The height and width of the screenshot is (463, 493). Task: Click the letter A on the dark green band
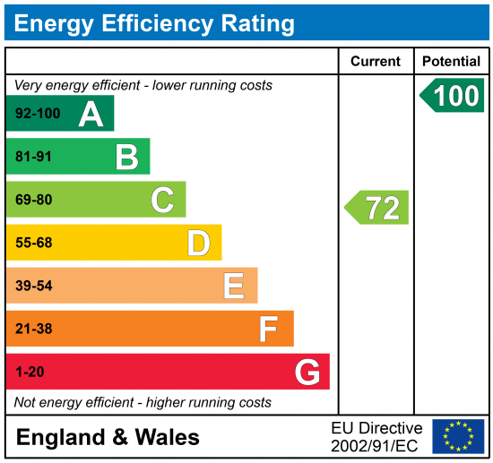click(91, 114)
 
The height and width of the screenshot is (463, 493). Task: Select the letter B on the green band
click(126, 157)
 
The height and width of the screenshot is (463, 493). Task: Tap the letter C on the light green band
click(162, 200)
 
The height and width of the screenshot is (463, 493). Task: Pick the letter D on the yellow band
click(198, 243)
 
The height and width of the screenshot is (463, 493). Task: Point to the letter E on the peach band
click(234, 286)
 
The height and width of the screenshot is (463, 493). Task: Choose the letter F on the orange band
click(268, 329)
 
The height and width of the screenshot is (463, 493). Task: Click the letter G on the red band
click(307, 372)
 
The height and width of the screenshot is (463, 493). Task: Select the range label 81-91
click(34, 158)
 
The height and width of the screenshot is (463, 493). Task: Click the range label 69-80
click(34, 201)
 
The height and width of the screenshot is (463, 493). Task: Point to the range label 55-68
click(34, 243)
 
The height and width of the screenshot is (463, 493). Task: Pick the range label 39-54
click(34, 286)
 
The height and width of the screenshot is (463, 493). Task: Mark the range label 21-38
click(34, 329)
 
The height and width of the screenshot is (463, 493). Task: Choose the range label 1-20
click(30, 372)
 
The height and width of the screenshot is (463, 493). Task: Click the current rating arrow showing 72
click(377, 208)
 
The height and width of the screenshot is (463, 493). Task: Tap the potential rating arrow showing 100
click(453, 95)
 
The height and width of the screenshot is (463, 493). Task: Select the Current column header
click(376, 62)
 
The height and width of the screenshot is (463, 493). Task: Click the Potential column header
click(451, 62)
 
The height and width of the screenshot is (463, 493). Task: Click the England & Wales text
click(108, 437)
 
